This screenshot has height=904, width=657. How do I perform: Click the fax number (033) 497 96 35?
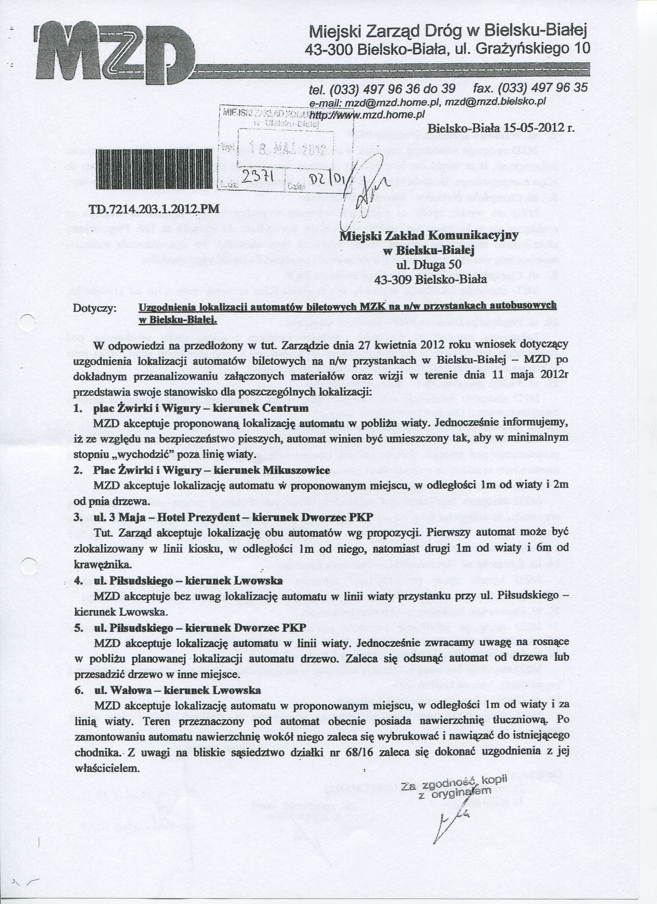click(543, 88)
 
